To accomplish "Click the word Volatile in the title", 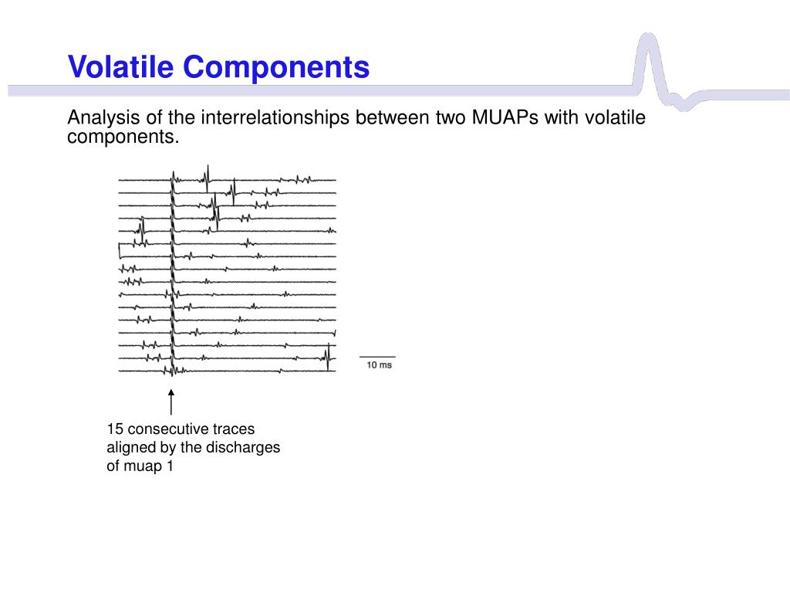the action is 120,66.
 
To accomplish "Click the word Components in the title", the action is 276,66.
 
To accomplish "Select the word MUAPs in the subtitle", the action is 505,117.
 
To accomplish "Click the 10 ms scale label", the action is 379,365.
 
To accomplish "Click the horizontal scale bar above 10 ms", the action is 377,357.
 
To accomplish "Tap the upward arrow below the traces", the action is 171,402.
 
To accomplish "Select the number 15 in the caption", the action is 115,429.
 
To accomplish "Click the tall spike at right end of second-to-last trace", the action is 329,357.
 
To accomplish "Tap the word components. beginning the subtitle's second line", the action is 123,137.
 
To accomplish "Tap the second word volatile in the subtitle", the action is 615,117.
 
